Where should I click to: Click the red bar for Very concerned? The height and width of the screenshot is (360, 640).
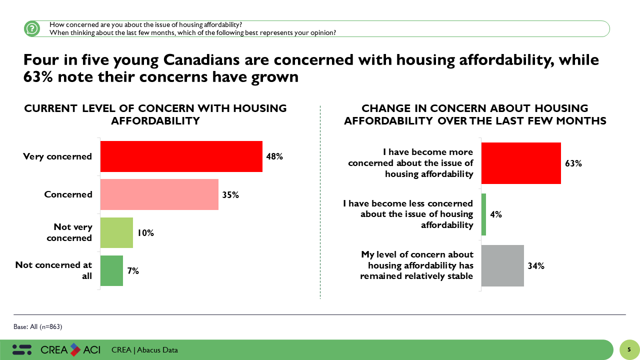(181, 156)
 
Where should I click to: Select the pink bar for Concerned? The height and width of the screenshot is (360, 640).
(159, 194)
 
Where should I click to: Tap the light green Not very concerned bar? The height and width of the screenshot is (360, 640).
(116, 232)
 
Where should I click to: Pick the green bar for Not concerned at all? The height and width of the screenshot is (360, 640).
(111, 271)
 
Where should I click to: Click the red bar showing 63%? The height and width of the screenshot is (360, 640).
(520, 163)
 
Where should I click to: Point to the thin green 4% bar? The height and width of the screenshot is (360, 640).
(483, 214)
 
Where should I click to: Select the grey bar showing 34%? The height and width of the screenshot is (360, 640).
(502, 265)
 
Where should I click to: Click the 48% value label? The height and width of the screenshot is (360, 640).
(274, 156)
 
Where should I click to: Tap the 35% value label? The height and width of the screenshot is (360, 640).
(230, 195)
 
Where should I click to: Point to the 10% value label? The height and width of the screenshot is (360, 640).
(145, 233)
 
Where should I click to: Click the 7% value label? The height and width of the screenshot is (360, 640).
(132, 271)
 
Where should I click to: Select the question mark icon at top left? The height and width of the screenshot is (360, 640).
(32, 28)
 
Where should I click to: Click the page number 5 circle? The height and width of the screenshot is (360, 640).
(629, 349)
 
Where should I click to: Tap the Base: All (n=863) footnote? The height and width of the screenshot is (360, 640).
(38, 327)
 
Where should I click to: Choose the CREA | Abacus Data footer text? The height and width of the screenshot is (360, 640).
(145, 350)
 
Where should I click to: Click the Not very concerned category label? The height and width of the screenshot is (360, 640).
(69, 232)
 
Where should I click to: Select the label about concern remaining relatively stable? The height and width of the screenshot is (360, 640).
(417, 265)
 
